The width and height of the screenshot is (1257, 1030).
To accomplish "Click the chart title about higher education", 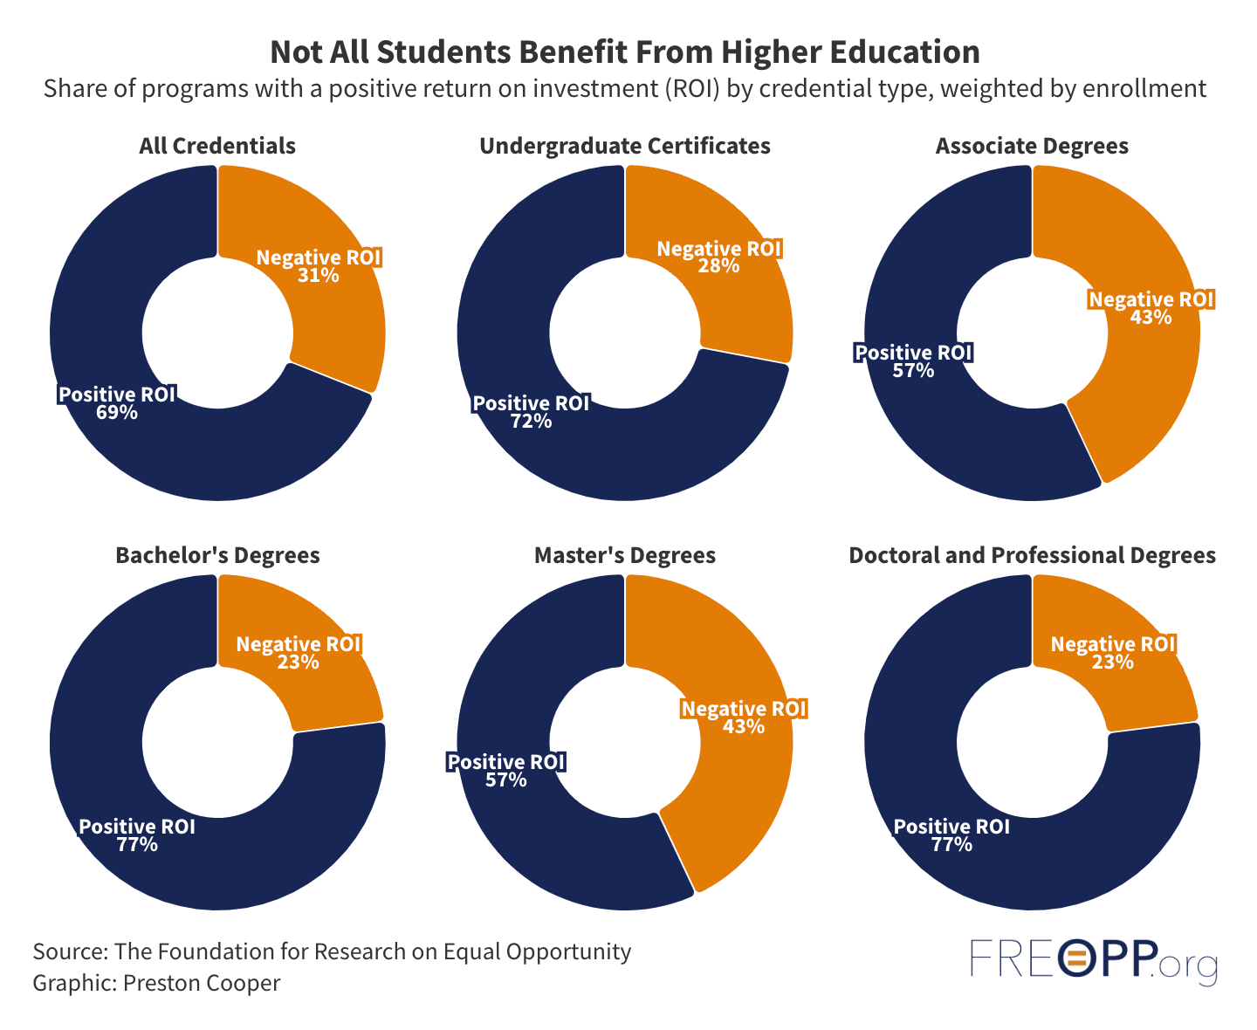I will click(624, 52).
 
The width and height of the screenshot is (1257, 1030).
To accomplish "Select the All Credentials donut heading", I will click(217, 146).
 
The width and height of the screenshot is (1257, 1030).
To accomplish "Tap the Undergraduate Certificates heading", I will click(625, 146).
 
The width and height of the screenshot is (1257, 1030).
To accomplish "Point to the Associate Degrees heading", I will click(1032, 146).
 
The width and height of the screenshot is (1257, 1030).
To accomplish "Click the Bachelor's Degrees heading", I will click(217, 555).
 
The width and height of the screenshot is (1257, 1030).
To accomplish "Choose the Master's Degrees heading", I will click(625, 555).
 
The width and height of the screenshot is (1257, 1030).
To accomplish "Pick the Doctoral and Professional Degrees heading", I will click(1032, 555).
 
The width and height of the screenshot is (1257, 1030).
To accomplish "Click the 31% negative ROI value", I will click(319, 276).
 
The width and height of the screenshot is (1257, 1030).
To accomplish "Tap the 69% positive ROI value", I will click(117, 412).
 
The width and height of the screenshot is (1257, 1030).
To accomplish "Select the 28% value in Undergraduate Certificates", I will click(719, 266).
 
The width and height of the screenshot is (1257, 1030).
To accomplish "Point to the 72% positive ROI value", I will click(532, 422).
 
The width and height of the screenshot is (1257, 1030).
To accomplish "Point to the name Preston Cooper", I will click(202, 983).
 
